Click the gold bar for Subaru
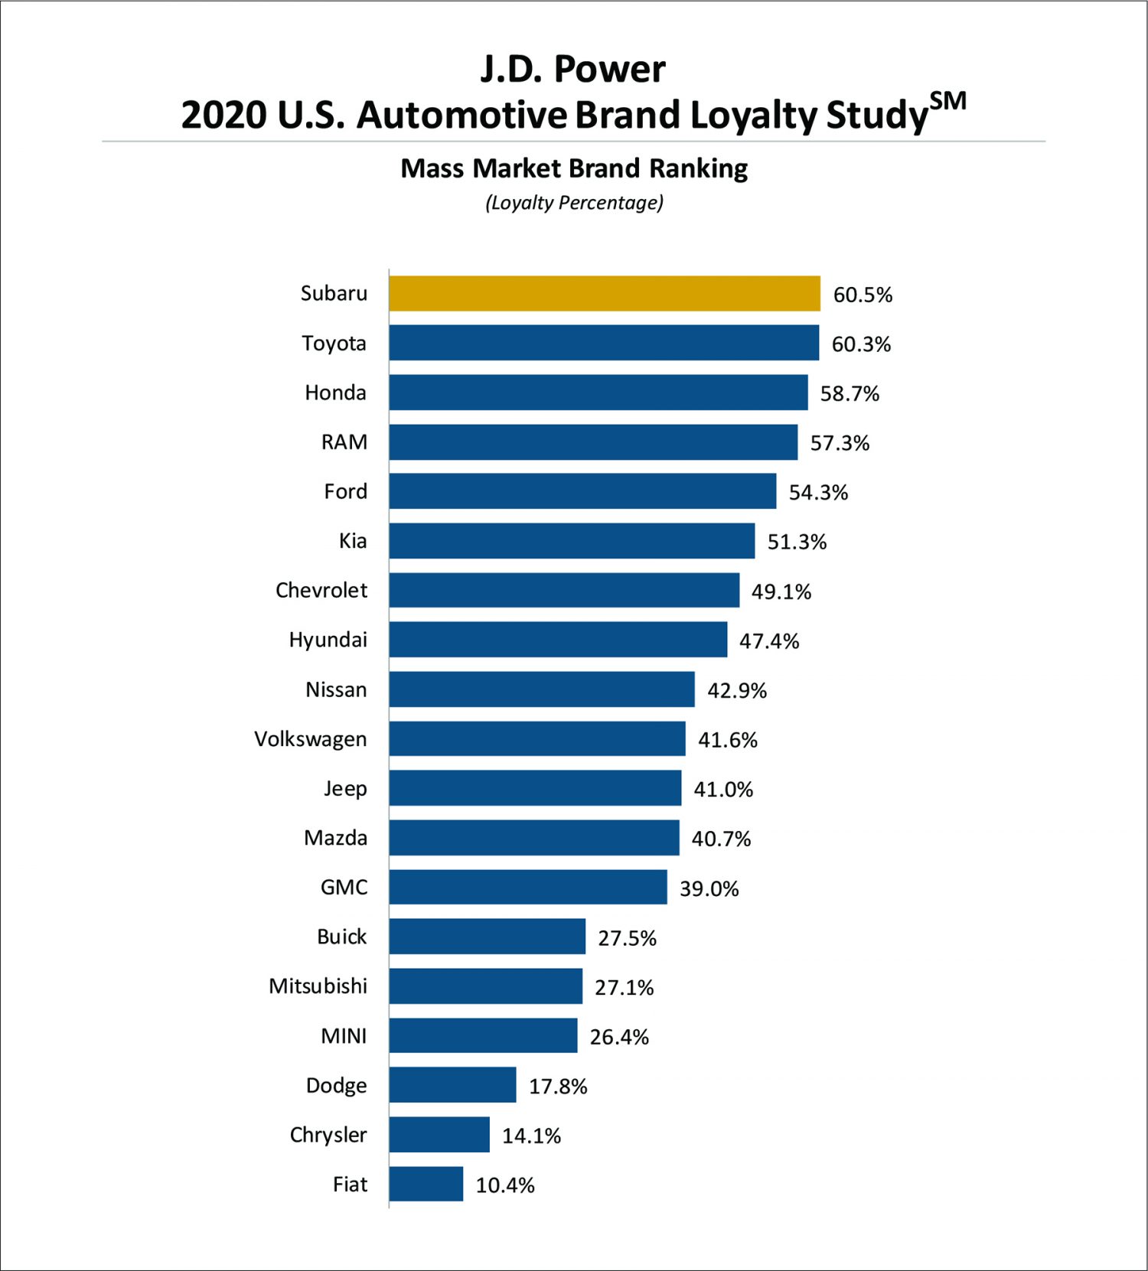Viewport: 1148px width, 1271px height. [605, 294]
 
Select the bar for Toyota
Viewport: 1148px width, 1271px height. [604, 343]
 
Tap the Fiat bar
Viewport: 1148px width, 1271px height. [426, 1184]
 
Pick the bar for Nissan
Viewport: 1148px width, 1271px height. [542, 689]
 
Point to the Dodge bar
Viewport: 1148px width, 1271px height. [452, 1085]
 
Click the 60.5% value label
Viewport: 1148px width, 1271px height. [863, 295]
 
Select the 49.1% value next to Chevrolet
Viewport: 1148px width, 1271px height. [781, 592]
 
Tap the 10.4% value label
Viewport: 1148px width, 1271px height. [505, 1185]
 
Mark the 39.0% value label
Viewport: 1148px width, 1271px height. [709, 888]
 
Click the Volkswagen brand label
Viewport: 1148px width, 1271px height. [311, 739]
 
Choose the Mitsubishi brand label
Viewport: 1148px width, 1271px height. [318, 986]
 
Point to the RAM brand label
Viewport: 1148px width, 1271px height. [344, 442]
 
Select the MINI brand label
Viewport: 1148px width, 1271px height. [344, 1036]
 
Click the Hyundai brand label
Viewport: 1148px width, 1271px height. [328, 640]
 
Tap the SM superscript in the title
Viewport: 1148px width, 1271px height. [947, 101]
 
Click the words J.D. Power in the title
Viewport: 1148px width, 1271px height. [572, 69]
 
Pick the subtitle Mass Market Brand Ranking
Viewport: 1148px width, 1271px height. [574, 168]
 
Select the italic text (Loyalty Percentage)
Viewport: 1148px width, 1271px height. [574, 203]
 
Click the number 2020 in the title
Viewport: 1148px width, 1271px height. [223, 115]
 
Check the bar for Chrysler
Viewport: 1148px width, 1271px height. [439, 1135]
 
